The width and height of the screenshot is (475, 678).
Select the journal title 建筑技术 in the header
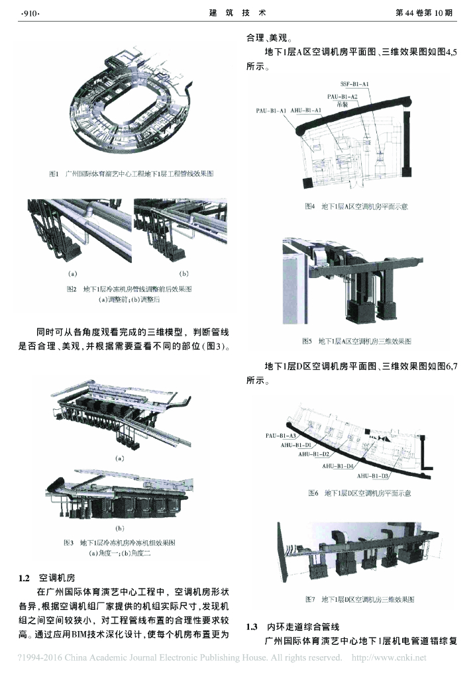237,13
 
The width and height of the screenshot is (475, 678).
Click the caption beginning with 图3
119,542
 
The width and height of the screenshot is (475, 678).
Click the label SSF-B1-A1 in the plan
354,85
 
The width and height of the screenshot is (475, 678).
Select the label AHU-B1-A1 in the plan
305,110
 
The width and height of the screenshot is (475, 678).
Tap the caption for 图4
356,207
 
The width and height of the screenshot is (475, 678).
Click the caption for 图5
356,342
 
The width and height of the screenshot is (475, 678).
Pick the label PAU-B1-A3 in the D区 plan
280,436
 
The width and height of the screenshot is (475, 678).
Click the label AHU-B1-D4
338,465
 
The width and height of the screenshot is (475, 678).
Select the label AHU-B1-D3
373,475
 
